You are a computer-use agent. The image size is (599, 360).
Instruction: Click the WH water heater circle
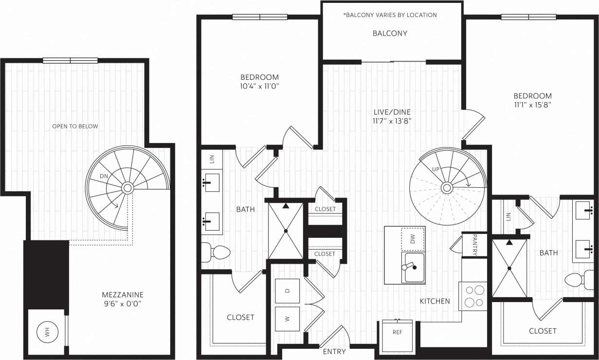[x=48, y=333]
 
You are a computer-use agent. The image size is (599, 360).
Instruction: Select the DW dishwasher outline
[x=413, y=239]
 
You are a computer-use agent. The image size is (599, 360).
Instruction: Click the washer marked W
[x=287, y=319]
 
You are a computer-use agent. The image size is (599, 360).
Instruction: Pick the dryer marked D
[x=287, y=291]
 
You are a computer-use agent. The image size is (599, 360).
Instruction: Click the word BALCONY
[x=390, y=34]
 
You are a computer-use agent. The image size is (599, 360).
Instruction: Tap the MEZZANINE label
[x=122, y=295]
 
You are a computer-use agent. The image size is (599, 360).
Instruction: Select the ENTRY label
[x=334, y=352]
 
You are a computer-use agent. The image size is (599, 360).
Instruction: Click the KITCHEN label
[x=435, y=301]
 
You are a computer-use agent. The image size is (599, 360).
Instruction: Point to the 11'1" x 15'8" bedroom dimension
[x=532, y=104]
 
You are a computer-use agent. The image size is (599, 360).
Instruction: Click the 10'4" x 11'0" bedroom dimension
[x=259, y=85]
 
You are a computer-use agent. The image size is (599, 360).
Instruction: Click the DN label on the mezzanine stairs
[x=104, y=176]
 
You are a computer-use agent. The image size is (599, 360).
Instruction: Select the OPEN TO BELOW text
[x=75, y=126]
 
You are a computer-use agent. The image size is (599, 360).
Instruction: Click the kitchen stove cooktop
[x=473, y=296]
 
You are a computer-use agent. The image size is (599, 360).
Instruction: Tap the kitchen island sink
[x=413, y=267]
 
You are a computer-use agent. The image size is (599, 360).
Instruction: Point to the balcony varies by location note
[x=390, y=15]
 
